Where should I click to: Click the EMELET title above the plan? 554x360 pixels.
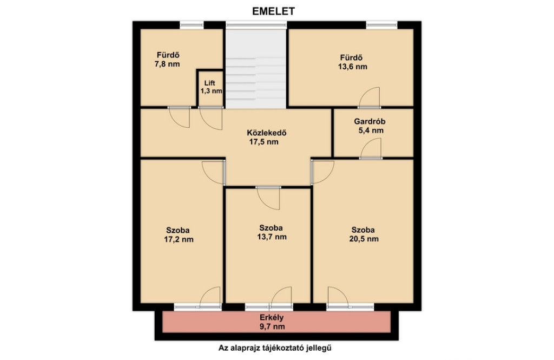[x=273, y=11]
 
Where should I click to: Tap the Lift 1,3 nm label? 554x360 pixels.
[x=211, y=87]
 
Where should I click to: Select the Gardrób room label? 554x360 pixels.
[x=370, y=121]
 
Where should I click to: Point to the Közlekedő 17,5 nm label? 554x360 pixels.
[x=266, y=137]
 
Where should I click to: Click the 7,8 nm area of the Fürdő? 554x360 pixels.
[x=167, y=64]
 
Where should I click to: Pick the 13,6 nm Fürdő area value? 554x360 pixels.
[x=352, y=67]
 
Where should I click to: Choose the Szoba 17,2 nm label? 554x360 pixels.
[x=179, y=235]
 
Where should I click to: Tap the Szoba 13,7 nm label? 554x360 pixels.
[x=272, y=232]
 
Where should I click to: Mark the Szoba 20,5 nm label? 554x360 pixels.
[x=364, y=234]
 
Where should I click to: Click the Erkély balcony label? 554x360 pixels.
[x=272, y=318]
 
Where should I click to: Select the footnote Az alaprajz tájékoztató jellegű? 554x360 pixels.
[x=275, y=348]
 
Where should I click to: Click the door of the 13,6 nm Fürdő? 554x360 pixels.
[x=370, y=97]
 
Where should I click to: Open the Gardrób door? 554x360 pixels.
[x=371, y=148]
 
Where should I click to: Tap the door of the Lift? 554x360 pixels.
[x=211, y=118]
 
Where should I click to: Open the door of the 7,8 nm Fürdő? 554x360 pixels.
[x=180, y=117]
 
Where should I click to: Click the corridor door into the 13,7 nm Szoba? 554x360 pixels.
[x=268, y=198]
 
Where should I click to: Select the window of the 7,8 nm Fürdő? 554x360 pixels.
[x=192, y=25]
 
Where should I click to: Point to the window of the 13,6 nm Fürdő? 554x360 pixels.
[x=381, y=25]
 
